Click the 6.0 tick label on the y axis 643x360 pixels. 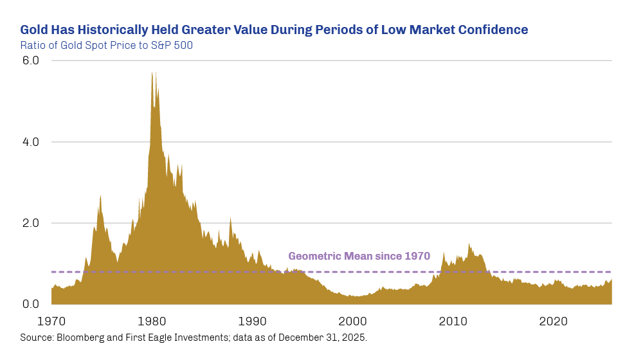pyautogui.click(x=30, y=60)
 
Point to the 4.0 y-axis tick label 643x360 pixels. pyautogui.click(x=30, y=142)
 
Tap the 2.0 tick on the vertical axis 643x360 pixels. pyautogui.click(x=30, y=223)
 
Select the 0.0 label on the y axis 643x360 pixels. pyautogui.click(x=30, y=305)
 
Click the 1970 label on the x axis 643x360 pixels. pyautogui.click(x=51, y=321)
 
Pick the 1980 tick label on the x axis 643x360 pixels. pyautogui.click(x=152, y=321)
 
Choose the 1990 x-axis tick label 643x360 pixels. pyautogui.click(x=253, y=321)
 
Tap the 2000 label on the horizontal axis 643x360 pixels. pyautogui.click(x=353, y=321)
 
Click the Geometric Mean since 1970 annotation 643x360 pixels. pyautogui.click(x=359, y=256)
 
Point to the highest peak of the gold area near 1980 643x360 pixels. pyautogui.click(x=152, y=72)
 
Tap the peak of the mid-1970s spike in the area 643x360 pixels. pyautogui.click(x=100, y=195)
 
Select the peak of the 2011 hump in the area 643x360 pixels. pyautogui.click(x=469, y=244)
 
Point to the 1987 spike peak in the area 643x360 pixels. pyautogui.click(x=230, y=218)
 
